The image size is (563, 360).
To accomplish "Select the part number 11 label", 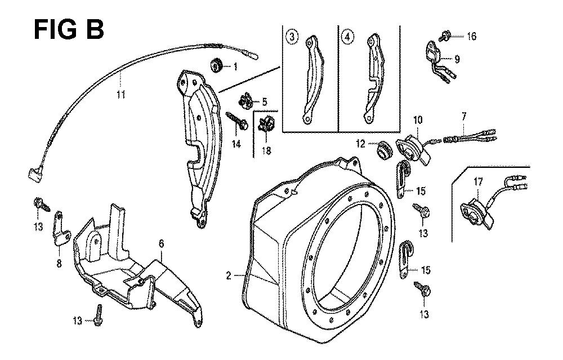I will pyautogui.click(x=120, y=95).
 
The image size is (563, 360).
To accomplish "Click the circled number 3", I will pyautogui.click(x=291, y=37).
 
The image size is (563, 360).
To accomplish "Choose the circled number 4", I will pyautogui.click(x=349, y=37).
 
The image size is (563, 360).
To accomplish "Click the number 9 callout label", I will pyautogui.click(x=457, y=58).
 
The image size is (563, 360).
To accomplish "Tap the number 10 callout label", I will pyautogui.click(x=418, y=119).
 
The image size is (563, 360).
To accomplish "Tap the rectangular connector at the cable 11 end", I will pyautogui.click(x=33, y=175).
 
